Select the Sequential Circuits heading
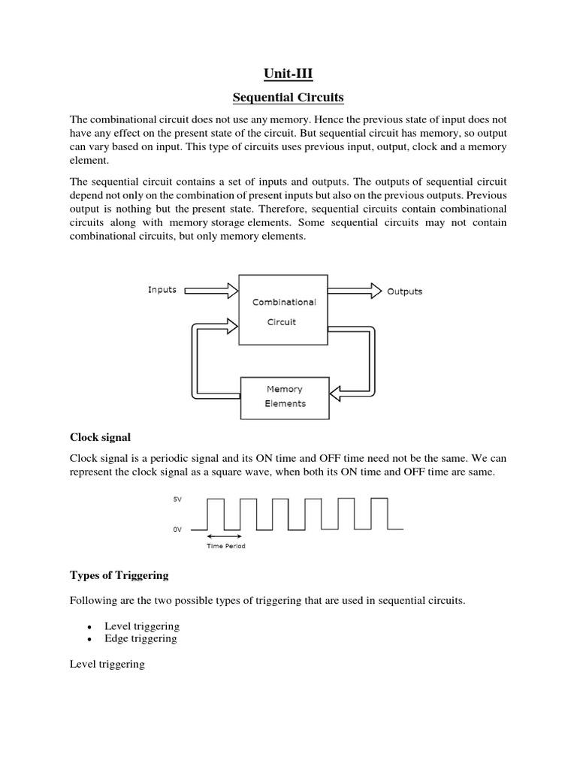(288, 98)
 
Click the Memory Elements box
(285, 396)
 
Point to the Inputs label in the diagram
(162, 290)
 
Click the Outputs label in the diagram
(404, 291)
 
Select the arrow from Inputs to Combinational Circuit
(210, 291)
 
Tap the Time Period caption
(226, 546)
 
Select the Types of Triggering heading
(119, 575)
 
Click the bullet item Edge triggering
(146, 638)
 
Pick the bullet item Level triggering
(147, 626)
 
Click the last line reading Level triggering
(107, 665)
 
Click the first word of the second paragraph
(80, 182)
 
